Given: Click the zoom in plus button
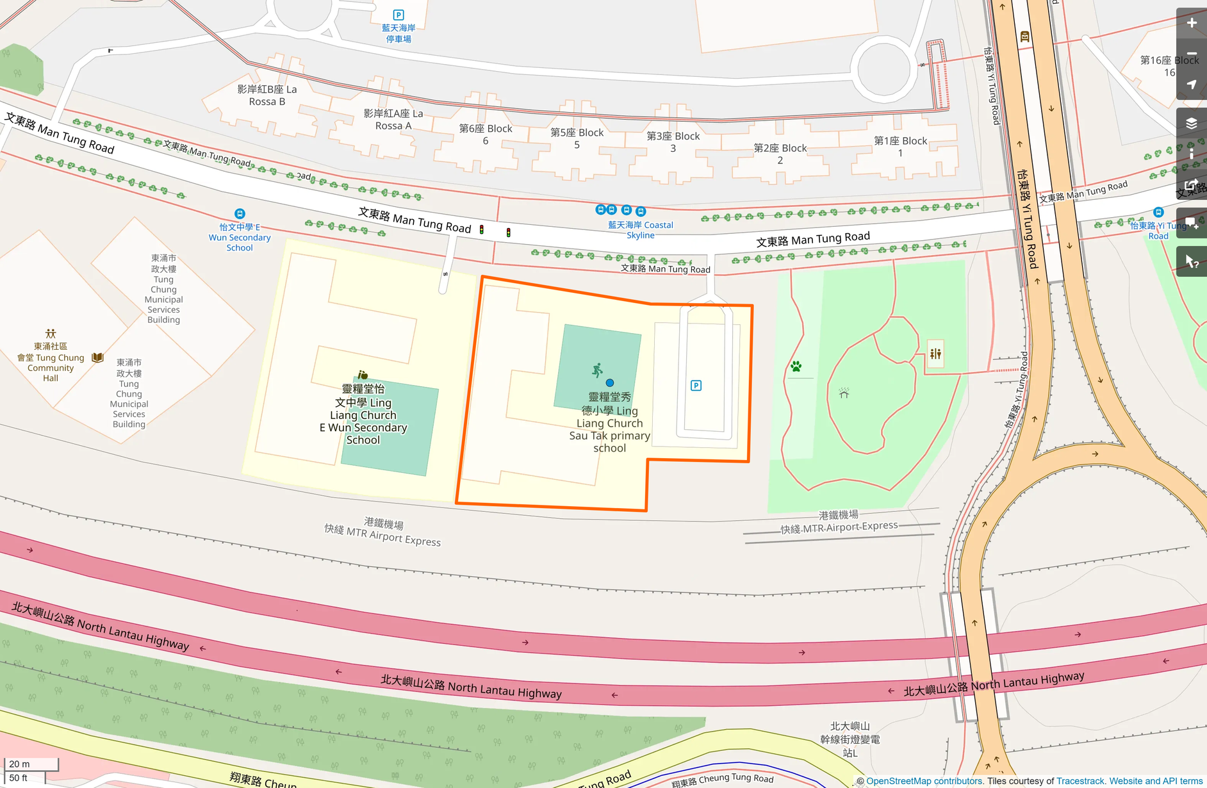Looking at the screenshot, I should pyautogui.click(x=1192, y=23).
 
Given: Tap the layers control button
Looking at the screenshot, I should pyautogui.click(x=1192, y=123).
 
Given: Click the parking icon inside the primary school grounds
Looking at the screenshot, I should pyautogui.click(x=696, y=386).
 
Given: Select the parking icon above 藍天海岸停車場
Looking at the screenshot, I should pyautogui.click(x=398, y=15).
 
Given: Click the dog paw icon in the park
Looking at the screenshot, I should pyautogui.click(x=796, y=366).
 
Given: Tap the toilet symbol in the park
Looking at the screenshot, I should pyautogui.click(x=935, y=354).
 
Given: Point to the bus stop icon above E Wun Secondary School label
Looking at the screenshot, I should pyautogui.click(x=240, y=213).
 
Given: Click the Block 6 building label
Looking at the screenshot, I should pyautogui.click(x=486, y=135).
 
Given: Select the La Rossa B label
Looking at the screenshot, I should pyautogui.click(x=267, y=95).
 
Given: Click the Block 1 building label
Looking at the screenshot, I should pyautogui.click(x=900, y=147).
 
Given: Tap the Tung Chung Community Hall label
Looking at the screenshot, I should pyautogui.click(x=51, y=362).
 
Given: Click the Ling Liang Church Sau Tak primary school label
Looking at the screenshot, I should pyautogui.click(x=609, y=422).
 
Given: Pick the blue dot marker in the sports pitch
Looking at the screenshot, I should pyautogui.click(x=610, y=383).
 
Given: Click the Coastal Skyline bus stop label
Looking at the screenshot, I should pyautogui.click(x=640, y=230).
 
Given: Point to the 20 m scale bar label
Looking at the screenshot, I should pyautogui.click(x=19, y=764).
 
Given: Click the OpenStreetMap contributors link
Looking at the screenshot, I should pyautogui.click(x=924, y=781).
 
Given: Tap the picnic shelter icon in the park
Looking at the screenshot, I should pyautogui.click(x=844, y=393).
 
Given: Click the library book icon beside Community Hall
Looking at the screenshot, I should pyautogui.click(x=97, y=357).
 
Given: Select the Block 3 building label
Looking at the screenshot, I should pyautogui.click(x=673, y=142).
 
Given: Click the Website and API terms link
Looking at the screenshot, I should pyautogui.click(x=1156, y=781).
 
